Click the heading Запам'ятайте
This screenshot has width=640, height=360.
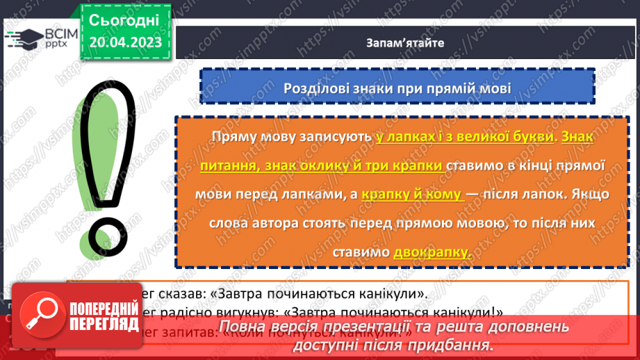(x=406, y=42)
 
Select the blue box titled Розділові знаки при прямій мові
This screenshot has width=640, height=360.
(x=397, y=89)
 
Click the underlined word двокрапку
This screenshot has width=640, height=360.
(x=432, y=253)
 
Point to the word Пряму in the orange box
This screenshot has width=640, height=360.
(x=233, y=137)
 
